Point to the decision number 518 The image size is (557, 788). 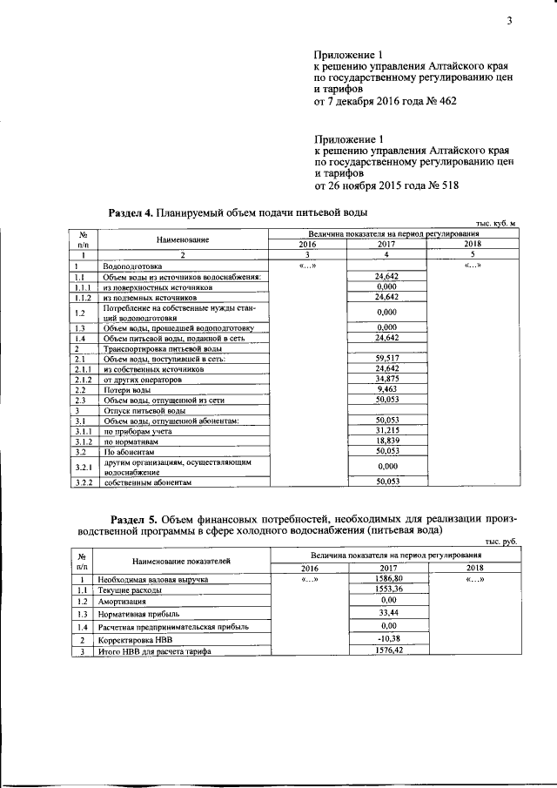pyautogui.click(x=445, y=185)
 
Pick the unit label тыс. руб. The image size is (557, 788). pyautogui.click(x=502, y=542)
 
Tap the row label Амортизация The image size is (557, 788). pyautogui.click(x=121, y=601)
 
